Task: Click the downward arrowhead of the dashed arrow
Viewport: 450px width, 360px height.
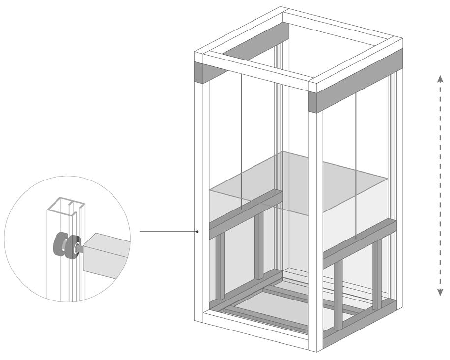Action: (441, 293)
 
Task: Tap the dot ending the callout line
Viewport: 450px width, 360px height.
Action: (197, 231)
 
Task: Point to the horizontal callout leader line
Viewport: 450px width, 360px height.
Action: (167, 231)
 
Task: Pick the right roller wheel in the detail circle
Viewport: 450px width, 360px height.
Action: (73, 245)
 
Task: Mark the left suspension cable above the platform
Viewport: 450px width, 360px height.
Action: (241, 133)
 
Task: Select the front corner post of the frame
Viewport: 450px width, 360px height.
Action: (315, 221)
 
